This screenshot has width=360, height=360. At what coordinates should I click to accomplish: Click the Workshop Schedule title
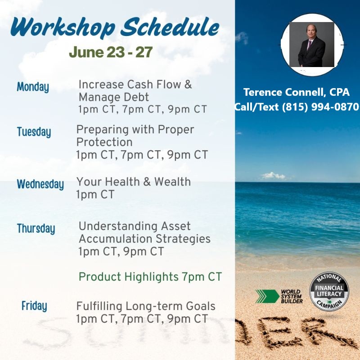(x=115, y=27)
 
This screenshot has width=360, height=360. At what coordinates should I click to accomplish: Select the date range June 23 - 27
(x=111, y=52)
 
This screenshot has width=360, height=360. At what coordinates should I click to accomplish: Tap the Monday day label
(x=33, y=87)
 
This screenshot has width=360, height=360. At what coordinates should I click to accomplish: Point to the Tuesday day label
(x=34, y=132)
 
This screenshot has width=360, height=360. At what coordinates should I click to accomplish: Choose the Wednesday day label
(x=40, y=184)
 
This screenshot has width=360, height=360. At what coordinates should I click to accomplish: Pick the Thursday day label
(x=36, y=229)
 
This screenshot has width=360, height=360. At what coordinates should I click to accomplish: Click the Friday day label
(x=34, y=306)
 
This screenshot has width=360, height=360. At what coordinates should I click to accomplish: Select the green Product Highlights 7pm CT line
(x=150, y=277)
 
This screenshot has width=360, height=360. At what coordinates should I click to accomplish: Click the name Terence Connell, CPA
(x=297, y=92)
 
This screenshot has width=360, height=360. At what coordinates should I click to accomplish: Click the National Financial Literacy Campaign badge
(x=329, y=292)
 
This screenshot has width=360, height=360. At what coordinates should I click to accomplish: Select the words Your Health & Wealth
(x=133, y=182)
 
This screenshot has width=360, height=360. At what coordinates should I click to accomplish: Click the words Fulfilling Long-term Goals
(x=146, y=306)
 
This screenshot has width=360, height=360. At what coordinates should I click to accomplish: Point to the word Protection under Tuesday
(x=104, y=142)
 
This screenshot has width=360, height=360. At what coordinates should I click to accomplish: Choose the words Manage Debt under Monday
(x=114, y=97)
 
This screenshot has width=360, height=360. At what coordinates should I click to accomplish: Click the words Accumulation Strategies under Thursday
(x=144, y=239)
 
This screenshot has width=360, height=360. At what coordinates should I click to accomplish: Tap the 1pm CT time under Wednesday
(x=95, y=195)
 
